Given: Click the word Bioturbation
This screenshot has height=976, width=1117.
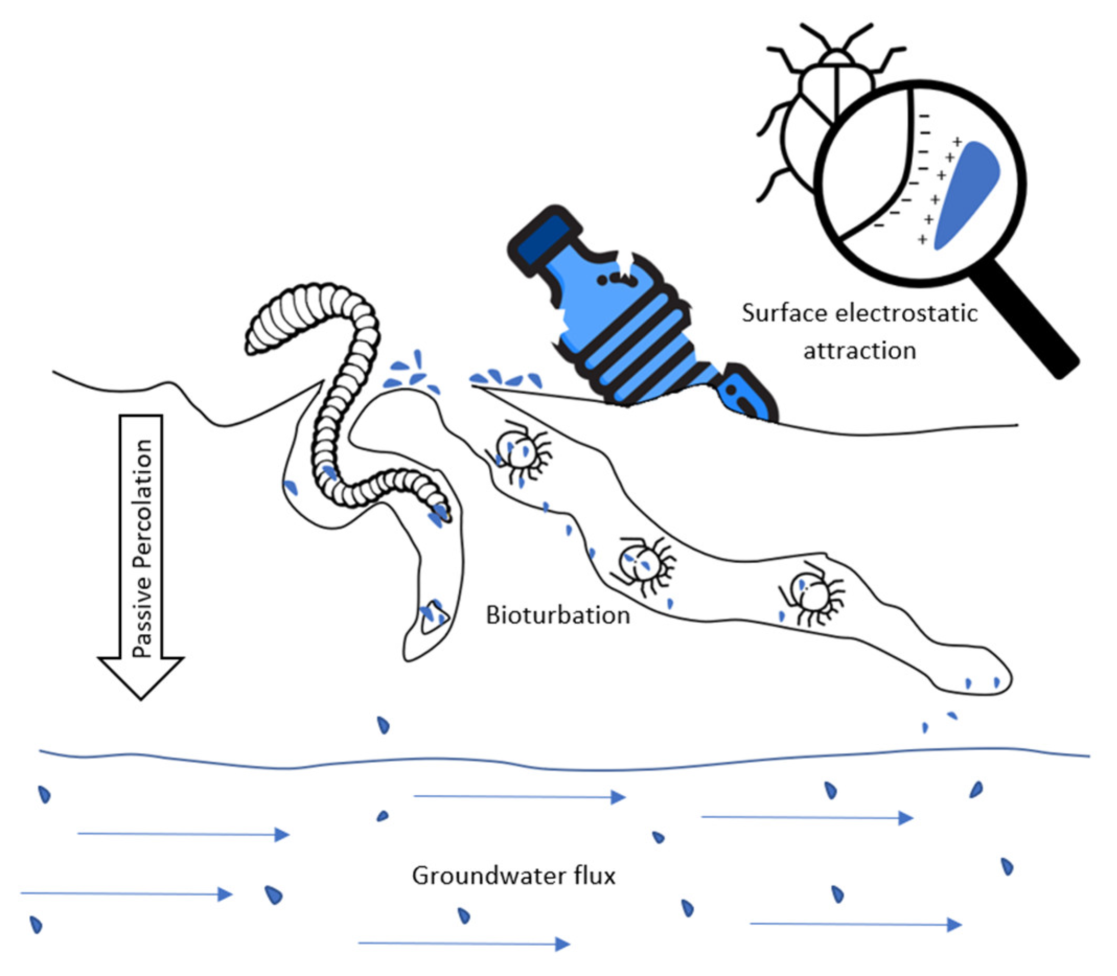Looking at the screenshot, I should click(557, 615).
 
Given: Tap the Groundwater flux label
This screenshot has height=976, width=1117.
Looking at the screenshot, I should click(514, 876).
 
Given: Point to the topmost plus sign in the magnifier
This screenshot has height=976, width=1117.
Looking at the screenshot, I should click(957, 142).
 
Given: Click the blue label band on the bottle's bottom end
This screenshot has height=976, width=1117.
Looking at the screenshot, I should click(743, 395).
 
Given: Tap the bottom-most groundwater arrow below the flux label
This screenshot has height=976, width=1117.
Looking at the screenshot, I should click(463, 944).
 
